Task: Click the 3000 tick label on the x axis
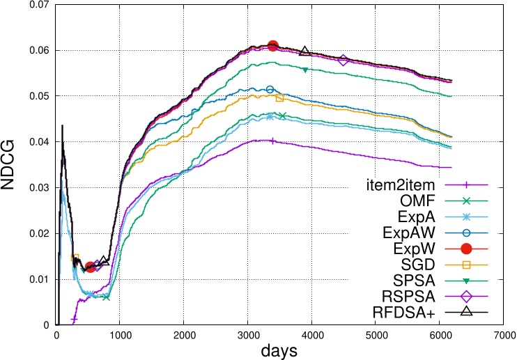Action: click(x=247, y=334)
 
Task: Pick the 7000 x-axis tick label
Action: click(x=504, y=334)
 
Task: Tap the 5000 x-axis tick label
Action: click(x=376, y=334)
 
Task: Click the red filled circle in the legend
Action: click(x=466, y=249)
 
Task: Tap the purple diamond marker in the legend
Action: click(x=466, y=296)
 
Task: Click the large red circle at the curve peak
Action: click(x=273, y=46)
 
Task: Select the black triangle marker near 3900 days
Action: click(x=305, y=52)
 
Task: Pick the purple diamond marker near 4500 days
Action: click(x=344, y=61)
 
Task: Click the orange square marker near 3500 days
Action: click(x=279, y=97)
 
